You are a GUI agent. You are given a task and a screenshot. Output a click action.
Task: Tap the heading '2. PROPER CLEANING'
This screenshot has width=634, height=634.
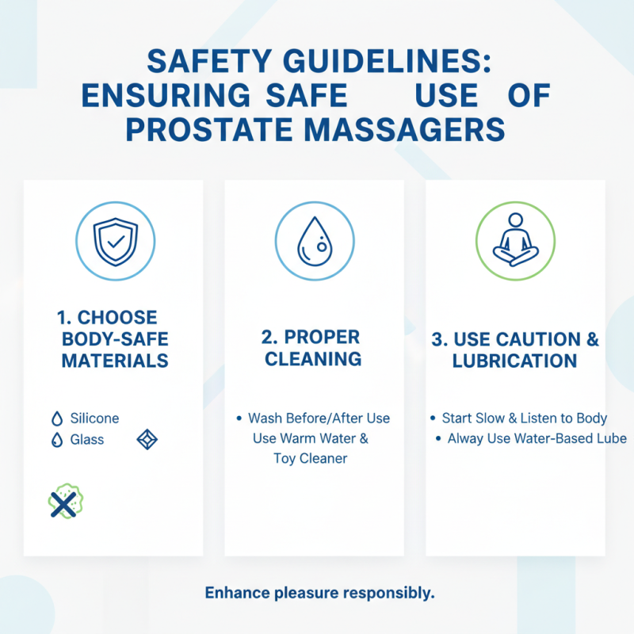[313, 347]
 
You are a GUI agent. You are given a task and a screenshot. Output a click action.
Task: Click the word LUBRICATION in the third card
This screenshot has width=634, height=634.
[514, 361]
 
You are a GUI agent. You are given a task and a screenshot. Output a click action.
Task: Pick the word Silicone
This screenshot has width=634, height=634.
[94, 418]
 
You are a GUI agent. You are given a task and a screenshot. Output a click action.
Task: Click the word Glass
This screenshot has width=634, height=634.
[86, 439]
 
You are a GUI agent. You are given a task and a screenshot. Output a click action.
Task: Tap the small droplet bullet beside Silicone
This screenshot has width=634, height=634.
[56, 419]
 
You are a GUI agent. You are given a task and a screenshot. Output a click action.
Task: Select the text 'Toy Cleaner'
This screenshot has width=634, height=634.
[311, 458]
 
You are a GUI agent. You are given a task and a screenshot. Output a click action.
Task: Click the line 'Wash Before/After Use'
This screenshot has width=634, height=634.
[319, 418]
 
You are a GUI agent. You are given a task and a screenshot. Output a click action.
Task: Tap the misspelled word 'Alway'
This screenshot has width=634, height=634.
[466, 438]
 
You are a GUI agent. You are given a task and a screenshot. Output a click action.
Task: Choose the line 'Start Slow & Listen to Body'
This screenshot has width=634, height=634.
[525, 418]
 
